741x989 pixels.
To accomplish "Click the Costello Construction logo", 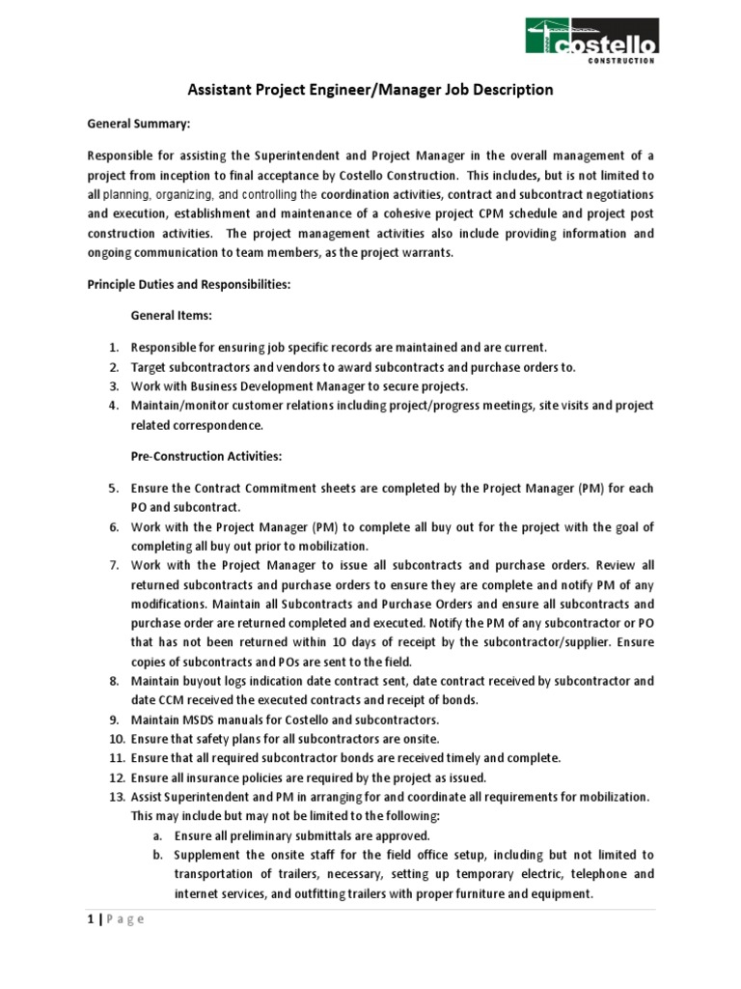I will tap(591, 38).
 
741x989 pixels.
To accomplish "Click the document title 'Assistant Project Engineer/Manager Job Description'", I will tap(370, 90).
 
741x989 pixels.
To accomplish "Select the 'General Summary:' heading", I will tap(133, 125).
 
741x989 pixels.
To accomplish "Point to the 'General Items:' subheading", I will tap(174, 315).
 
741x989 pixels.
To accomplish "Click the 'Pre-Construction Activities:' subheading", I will tap(206, 456).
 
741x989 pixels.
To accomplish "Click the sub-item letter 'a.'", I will tap(157, 835).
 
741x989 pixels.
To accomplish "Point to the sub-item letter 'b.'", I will tap(157, 855).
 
